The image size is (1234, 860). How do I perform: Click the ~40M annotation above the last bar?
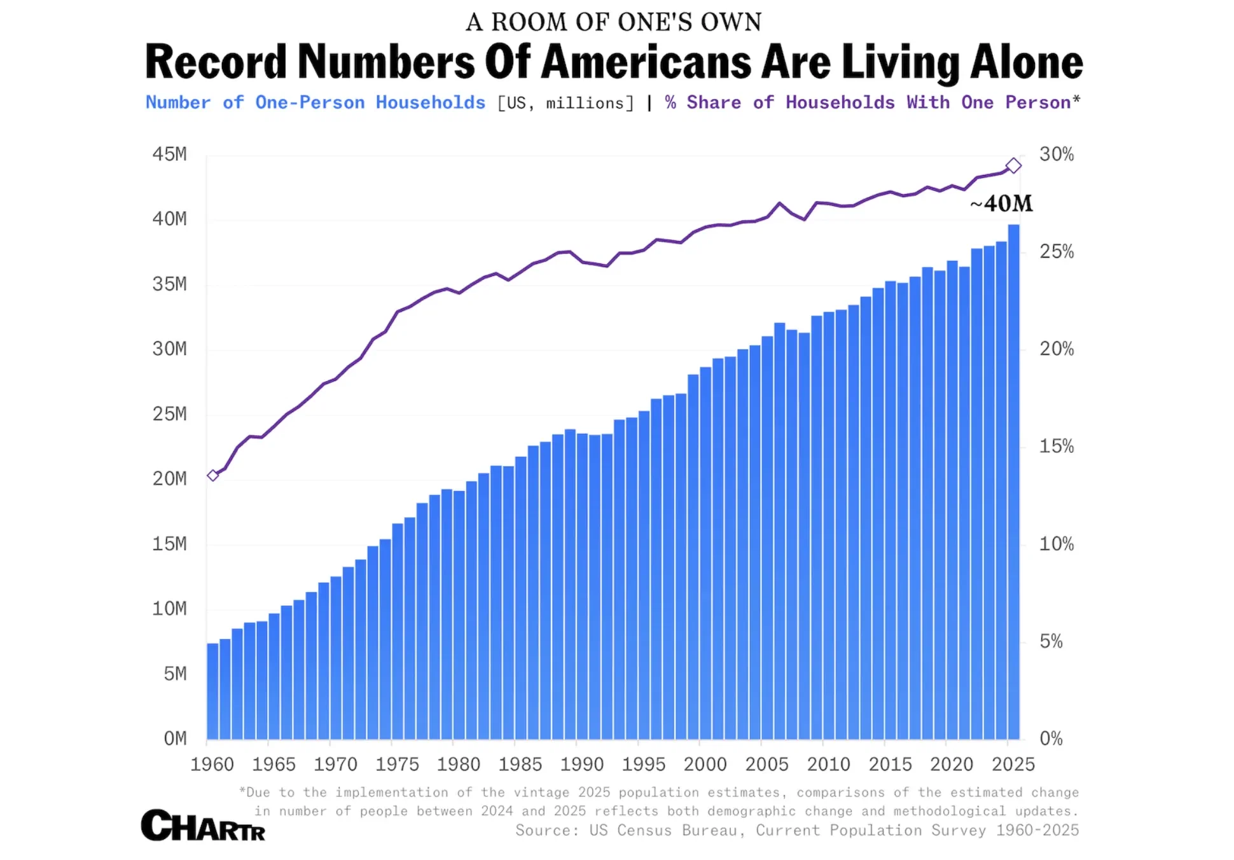coord(1001,204)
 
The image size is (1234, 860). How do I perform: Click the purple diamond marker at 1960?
coord(213,475)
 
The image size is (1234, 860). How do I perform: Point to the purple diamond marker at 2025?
coord(1013,166)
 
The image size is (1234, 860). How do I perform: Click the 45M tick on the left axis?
coord(169,155)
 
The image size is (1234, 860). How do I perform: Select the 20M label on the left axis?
coord(169,479)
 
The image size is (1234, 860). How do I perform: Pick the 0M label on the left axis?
coord(175,739)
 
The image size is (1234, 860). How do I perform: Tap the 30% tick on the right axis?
coord(1057,155)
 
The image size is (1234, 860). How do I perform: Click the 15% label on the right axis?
coord(1057,447)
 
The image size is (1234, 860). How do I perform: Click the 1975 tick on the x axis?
coord(397,764)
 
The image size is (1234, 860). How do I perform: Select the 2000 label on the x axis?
coord(705,764)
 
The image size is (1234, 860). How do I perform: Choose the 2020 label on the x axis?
coord(952,764)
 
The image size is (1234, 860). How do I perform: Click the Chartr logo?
coord(202,825)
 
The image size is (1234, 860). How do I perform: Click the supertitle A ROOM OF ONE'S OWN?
coord(613,22)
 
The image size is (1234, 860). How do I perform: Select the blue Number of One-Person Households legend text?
coord(315,102)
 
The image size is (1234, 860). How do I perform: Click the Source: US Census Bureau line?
coord(796,830)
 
